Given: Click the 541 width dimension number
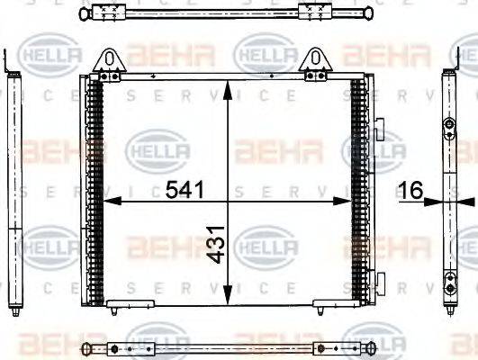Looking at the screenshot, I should (x=184, y=190).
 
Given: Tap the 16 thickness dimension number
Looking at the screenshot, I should (x=413, y=189).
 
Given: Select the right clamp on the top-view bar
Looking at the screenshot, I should (x=314, y=13).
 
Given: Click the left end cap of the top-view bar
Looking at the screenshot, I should (x=82, y=13).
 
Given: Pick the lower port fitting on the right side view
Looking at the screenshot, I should (x=448, y=286).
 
